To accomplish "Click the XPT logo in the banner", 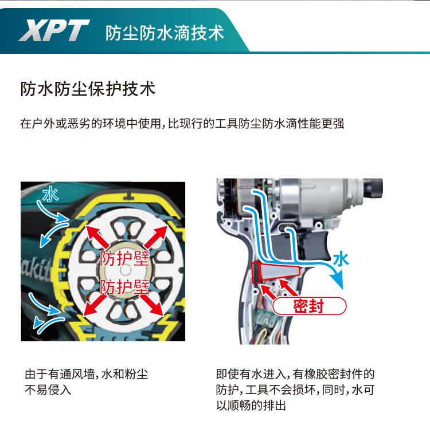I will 54,29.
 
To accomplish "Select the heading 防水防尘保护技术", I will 88,89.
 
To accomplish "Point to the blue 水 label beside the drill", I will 341,259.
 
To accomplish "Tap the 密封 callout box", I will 308,306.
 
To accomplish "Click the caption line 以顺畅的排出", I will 251,406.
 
